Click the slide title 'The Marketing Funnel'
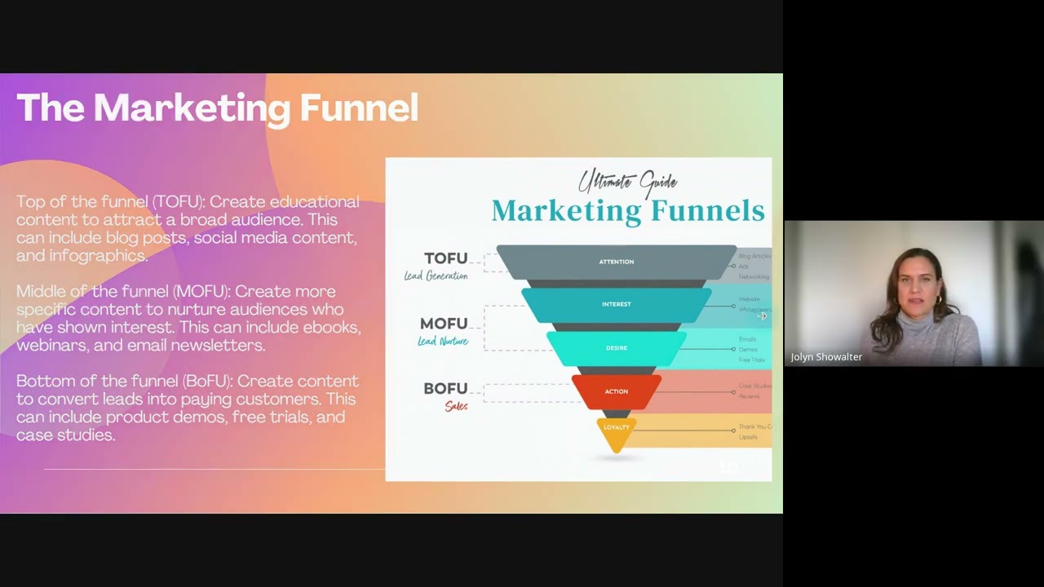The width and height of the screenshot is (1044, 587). (x=217, y=108)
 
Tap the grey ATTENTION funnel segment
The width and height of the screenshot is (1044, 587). (x=617, y=262)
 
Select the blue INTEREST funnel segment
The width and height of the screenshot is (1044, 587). (x=617, y=304)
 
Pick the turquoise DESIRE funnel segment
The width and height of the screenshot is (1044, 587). (x=617, y=348)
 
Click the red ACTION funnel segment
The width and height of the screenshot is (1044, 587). (x=617, y=391)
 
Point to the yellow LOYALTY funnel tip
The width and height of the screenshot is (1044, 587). (x=617, y=429)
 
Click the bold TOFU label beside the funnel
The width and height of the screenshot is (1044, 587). (x=445, y=258)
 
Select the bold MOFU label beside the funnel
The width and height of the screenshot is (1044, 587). (x=444, y=324)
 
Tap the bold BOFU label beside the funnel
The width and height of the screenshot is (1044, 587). (x=445, y=389)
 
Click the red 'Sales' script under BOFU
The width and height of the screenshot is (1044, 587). (x=456, y=406)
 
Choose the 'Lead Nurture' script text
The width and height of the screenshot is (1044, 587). (x=443, y=342)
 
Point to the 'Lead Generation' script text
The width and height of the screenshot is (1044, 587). (x=436, y=276)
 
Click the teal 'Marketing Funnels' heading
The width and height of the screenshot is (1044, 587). (x=627, y=211)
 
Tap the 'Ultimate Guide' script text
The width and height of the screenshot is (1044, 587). (x=627, y=182)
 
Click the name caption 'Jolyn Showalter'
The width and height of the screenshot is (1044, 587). (x=826, y=357)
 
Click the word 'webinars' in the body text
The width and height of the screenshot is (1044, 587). (x=48, y=345)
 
